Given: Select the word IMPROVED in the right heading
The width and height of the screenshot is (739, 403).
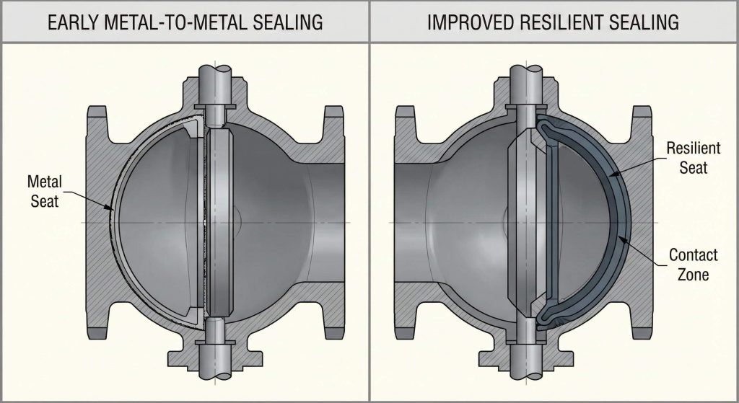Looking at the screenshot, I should point(471,22).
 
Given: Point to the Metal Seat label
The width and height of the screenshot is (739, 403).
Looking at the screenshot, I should point(45,190).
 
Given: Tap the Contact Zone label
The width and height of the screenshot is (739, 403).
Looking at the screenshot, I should point(694,264).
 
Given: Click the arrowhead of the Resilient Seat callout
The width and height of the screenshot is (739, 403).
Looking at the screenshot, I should point(609,175).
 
